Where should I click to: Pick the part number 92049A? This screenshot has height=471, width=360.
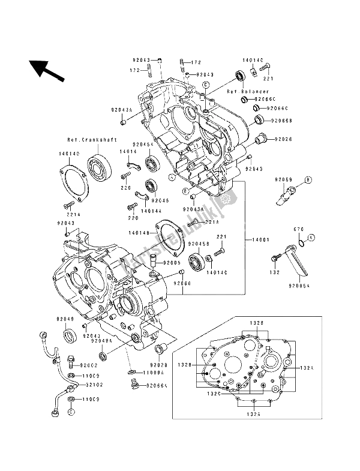point(101,340)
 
